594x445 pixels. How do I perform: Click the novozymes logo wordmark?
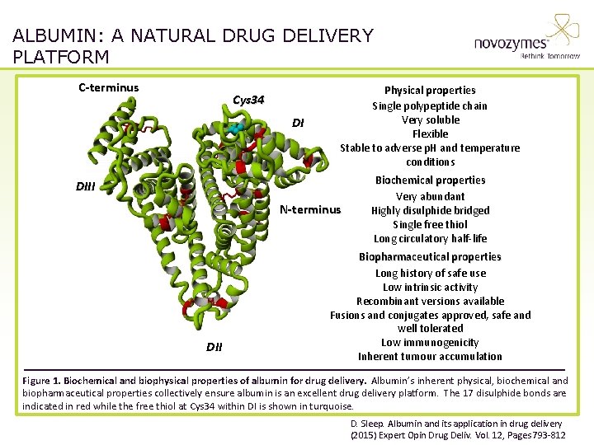pos(511,44)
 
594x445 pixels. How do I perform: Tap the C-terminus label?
pos(109,88)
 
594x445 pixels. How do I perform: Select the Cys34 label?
pos(248,100)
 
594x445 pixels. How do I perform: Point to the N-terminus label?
pos(310,209)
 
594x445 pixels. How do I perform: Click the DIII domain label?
pos(86,186)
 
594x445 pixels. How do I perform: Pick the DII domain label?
pos(214,347)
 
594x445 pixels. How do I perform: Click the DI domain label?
pos(298,124)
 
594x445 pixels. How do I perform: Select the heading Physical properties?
pos(430,90)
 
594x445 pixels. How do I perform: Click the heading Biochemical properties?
pos(430,180)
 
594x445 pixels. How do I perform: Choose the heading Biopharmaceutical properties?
pos(430,256)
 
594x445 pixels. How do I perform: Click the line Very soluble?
pos(430,119)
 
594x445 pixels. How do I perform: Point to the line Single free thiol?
pos(430,224)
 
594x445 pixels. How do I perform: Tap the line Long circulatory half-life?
pos(430,238)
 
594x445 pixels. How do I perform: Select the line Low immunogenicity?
pos(430,342)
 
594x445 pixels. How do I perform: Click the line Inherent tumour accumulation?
pos(430,356)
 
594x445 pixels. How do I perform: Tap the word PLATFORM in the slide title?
pos(61,57)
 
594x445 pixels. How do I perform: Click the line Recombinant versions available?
pos(430,301)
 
